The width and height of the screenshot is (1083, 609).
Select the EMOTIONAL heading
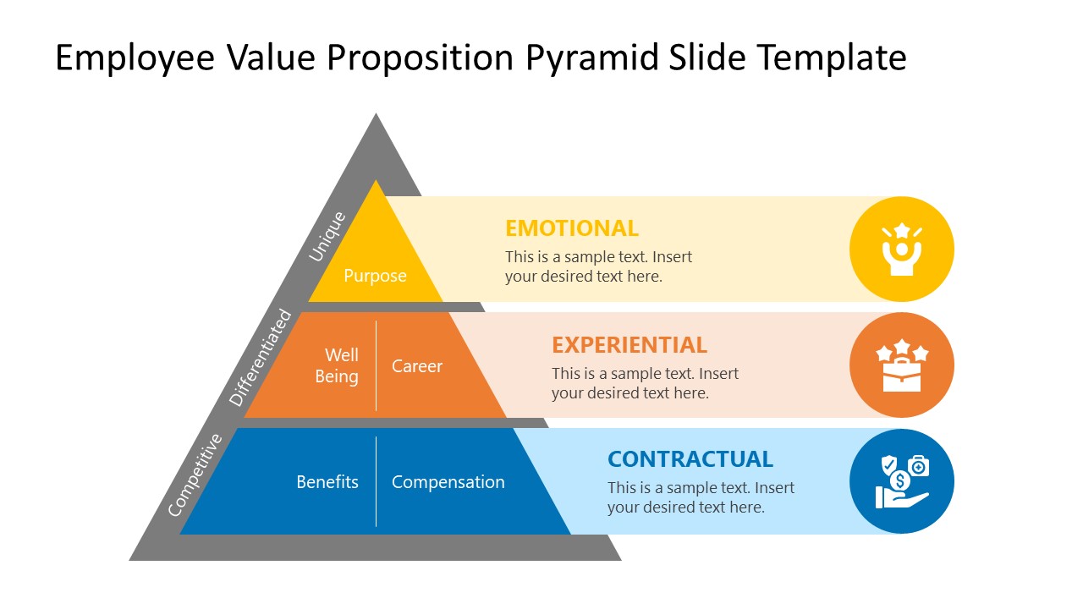point(571,228)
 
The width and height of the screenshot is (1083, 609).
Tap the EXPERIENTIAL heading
point(629,345)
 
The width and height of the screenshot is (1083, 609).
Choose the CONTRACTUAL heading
point(690,459)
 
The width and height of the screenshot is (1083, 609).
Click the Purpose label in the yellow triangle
point(375,276)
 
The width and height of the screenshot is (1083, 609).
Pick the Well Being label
point(337,365)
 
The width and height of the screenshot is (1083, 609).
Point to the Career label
point(416,366)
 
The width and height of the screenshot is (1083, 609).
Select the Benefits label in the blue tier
point(327,482)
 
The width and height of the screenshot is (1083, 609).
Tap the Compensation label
point(448,482)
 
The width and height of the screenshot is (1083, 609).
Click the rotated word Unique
point(327,236)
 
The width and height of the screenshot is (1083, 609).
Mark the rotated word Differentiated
point(261,359)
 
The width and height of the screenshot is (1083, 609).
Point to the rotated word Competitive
point(195,475)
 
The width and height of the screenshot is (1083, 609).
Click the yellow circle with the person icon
point(901,249)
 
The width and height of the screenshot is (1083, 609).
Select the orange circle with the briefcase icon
point(901,365)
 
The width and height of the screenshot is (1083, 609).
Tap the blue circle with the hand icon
point(901,481)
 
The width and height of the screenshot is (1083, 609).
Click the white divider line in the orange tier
point(376,365)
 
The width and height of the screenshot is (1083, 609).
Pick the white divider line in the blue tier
point(376,481)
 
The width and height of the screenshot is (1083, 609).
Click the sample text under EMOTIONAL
point(598,266)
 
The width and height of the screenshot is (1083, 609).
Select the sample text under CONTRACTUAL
point(701,497)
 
